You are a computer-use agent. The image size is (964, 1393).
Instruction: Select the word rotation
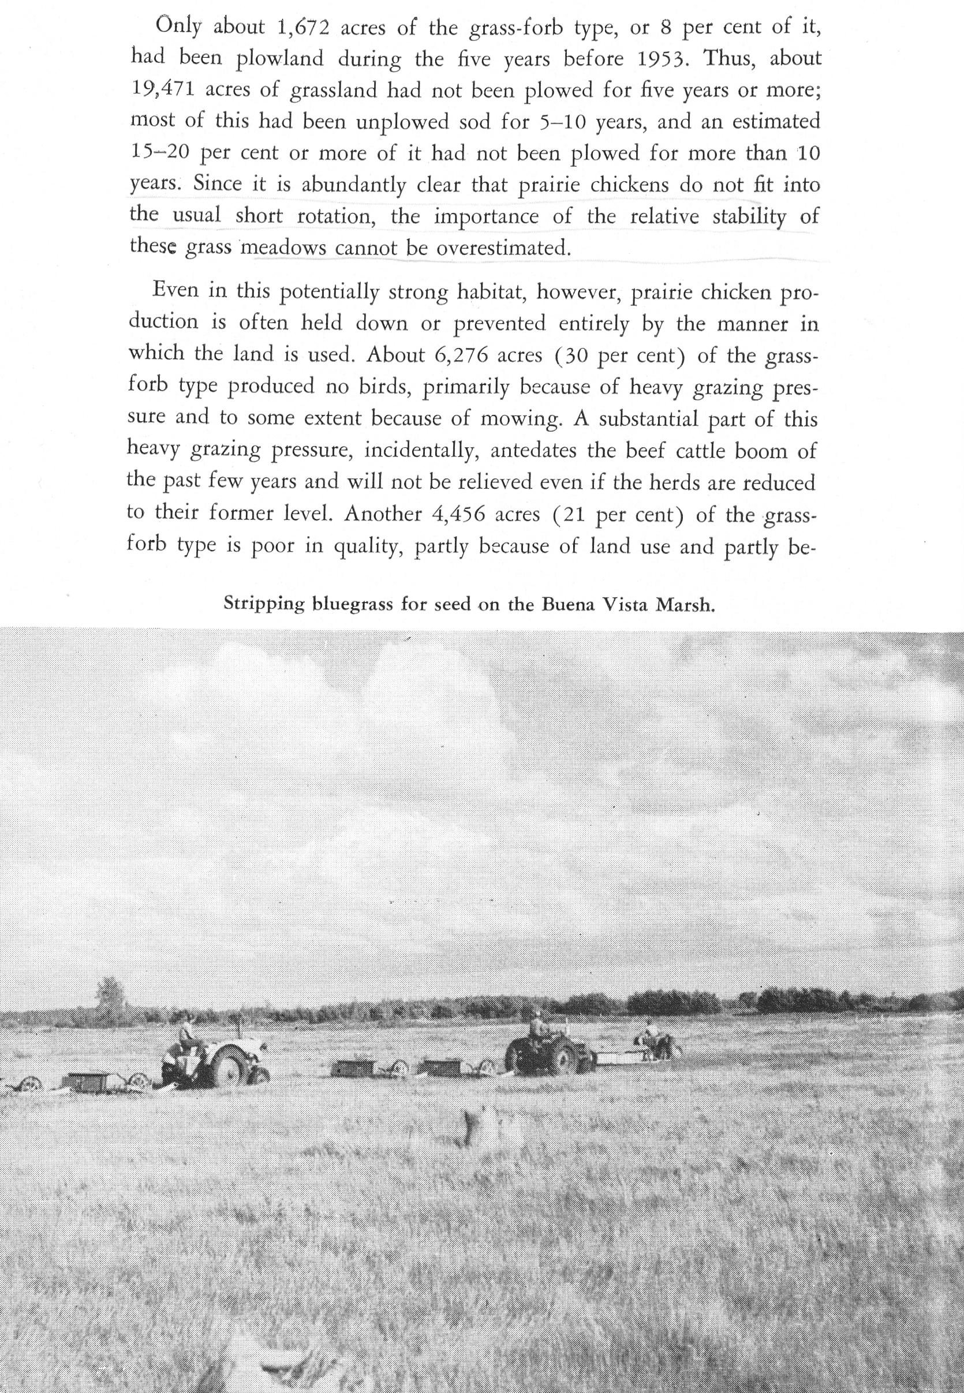(338, 217)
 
